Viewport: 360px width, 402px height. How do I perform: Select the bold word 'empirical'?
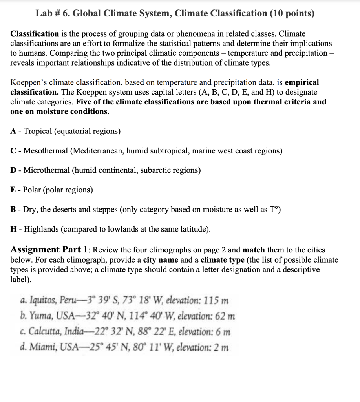click(x=302, y=83)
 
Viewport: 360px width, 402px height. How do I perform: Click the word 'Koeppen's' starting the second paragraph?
click(x=28, y=83)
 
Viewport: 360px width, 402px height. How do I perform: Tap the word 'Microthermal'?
click(x=46, y=170)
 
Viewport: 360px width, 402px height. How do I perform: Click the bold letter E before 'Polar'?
click(x=13, y=190)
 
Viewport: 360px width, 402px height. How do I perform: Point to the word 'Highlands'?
click(x=42, y=229)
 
